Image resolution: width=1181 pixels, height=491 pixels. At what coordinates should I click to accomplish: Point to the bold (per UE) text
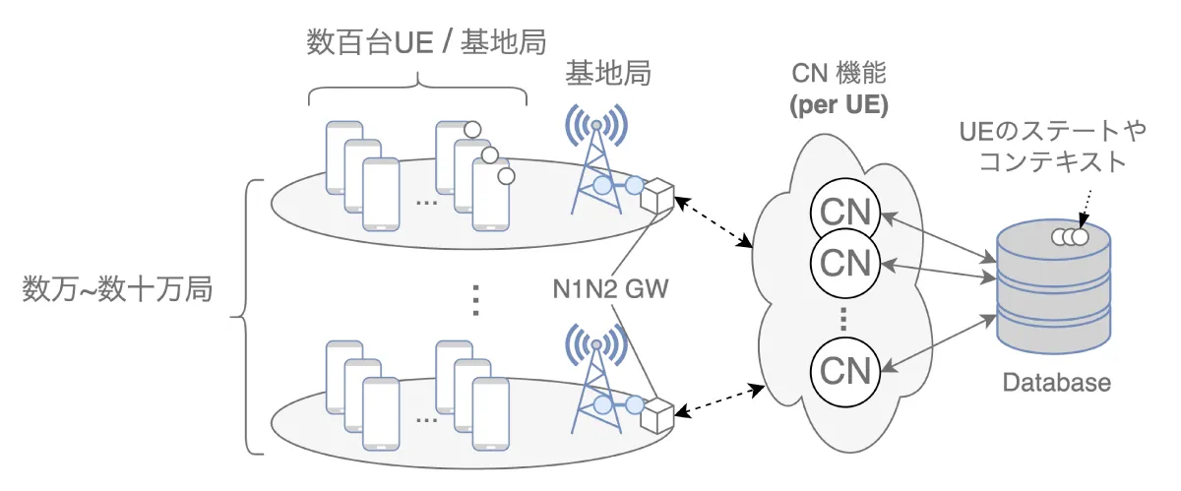click(x=839, y=105)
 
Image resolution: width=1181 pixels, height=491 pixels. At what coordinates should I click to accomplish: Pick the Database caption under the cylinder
click(x=1056, y=383)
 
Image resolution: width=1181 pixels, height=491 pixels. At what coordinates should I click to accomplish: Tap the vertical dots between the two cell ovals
click(x=475, y=298)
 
